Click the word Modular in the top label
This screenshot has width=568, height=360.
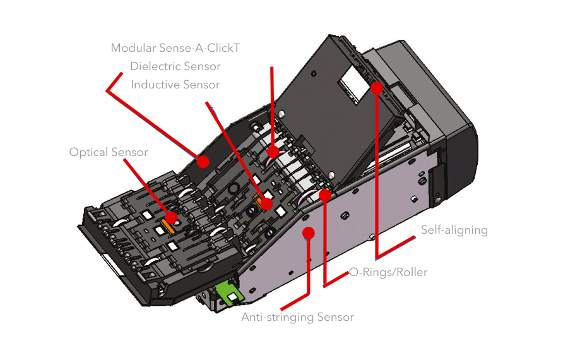[x=131, y=48]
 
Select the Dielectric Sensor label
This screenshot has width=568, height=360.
[x=175, y=66]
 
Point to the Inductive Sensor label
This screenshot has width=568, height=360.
[x=175, y=85]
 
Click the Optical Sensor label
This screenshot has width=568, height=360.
[x=109, y=152]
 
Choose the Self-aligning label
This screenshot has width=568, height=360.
[x=454, y=230]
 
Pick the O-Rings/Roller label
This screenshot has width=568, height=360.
[x=389, y=272]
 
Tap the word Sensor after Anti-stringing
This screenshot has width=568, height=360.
[x=336, y=317]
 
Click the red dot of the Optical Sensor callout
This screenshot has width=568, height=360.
[x=171, y=217]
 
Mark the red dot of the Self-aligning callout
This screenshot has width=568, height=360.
[x=377, y=88]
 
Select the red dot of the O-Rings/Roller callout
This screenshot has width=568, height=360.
[x=325, y=195]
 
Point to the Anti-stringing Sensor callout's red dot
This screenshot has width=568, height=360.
[x=309, y=233]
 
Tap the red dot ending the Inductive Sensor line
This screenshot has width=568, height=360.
[x=267, y=204]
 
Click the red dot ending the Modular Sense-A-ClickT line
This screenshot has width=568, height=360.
[x=203, y=162]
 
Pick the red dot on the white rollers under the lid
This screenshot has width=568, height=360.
[x=273, y=152]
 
